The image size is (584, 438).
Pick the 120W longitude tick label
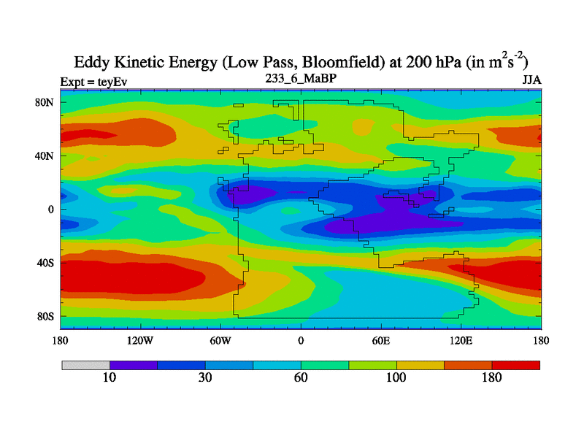point(139,340)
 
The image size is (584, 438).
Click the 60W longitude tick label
point(220,340)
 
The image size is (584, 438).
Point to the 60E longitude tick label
point(381,340)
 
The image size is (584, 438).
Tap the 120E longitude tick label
point(461,340)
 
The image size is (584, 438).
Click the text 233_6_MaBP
point(301,77)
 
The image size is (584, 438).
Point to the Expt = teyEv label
point(93,82)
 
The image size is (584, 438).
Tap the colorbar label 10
point(109,378)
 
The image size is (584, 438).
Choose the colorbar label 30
point(205,378)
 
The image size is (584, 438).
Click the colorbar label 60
point(301,378)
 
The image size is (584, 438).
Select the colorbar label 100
point(396,378)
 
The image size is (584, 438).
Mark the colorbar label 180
point(492,378)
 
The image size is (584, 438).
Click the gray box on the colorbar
point(85,365)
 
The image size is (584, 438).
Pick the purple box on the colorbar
point(134,365)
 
